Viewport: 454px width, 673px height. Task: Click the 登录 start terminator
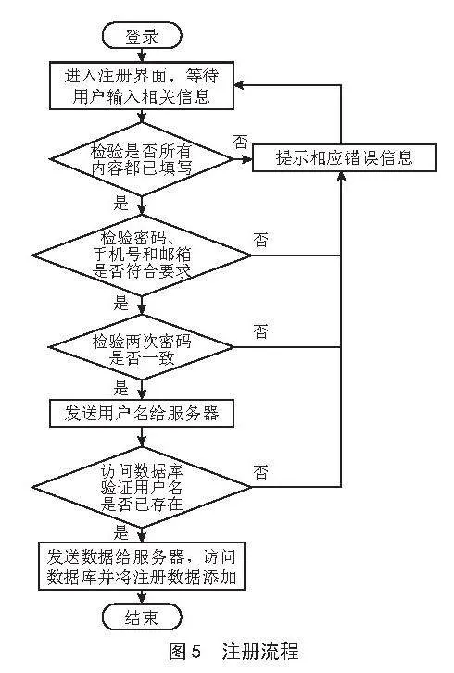142,36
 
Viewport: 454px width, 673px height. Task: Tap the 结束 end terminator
142,617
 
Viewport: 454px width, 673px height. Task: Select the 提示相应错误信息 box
344,158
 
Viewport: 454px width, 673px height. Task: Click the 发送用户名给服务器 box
142,413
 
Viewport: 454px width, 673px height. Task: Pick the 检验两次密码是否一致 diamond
142,347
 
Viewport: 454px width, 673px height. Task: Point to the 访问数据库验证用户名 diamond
142,487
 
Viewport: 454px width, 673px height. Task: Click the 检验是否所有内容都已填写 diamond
142,159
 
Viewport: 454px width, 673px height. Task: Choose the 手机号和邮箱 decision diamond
142,255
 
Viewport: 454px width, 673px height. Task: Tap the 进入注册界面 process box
142,86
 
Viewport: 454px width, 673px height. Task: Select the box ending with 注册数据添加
142,567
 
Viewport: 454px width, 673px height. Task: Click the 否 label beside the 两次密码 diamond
260,331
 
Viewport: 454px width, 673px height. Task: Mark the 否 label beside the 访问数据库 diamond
260,472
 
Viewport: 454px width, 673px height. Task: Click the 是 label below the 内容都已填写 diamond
121,203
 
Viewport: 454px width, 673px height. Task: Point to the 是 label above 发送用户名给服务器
121,389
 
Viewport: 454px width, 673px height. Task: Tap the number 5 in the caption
195,652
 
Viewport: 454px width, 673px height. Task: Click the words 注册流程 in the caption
260,652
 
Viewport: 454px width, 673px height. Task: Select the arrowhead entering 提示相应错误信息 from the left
247,159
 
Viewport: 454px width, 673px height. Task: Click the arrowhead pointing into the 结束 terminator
142,599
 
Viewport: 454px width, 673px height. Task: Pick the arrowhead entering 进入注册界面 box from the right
239,85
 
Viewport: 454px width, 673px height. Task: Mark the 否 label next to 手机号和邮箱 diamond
260,240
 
